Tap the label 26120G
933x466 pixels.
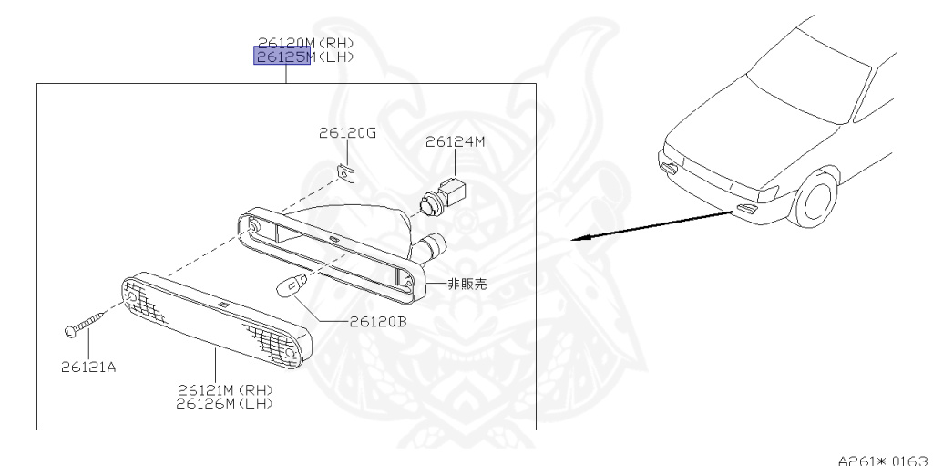point(347,133)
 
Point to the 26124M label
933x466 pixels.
point(455,141)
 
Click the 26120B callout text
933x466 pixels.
point(376,321)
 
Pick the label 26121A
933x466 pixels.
point(90,368)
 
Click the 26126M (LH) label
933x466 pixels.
point(226,402)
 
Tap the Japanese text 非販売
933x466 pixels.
point(466,285)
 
